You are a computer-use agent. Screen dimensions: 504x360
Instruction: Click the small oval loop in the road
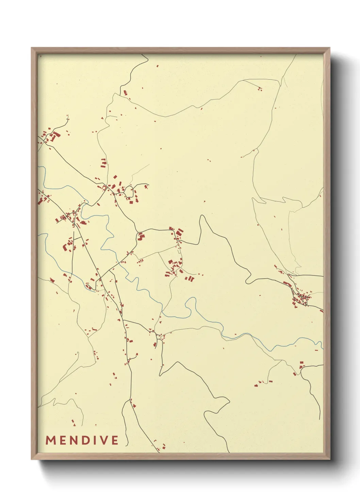[x=129, y=191]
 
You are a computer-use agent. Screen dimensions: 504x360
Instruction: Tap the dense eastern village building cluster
[x=301, y=299]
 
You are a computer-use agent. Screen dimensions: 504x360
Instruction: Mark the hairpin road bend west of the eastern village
[x=247, y=281]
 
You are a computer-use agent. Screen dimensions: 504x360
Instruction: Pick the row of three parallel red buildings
[x=189, y=279]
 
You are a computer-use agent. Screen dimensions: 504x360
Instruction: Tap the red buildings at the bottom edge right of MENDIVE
[x=163, y=446]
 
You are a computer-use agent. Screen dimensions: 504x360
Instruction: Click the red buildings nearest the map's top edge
[x=158, y=66]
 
